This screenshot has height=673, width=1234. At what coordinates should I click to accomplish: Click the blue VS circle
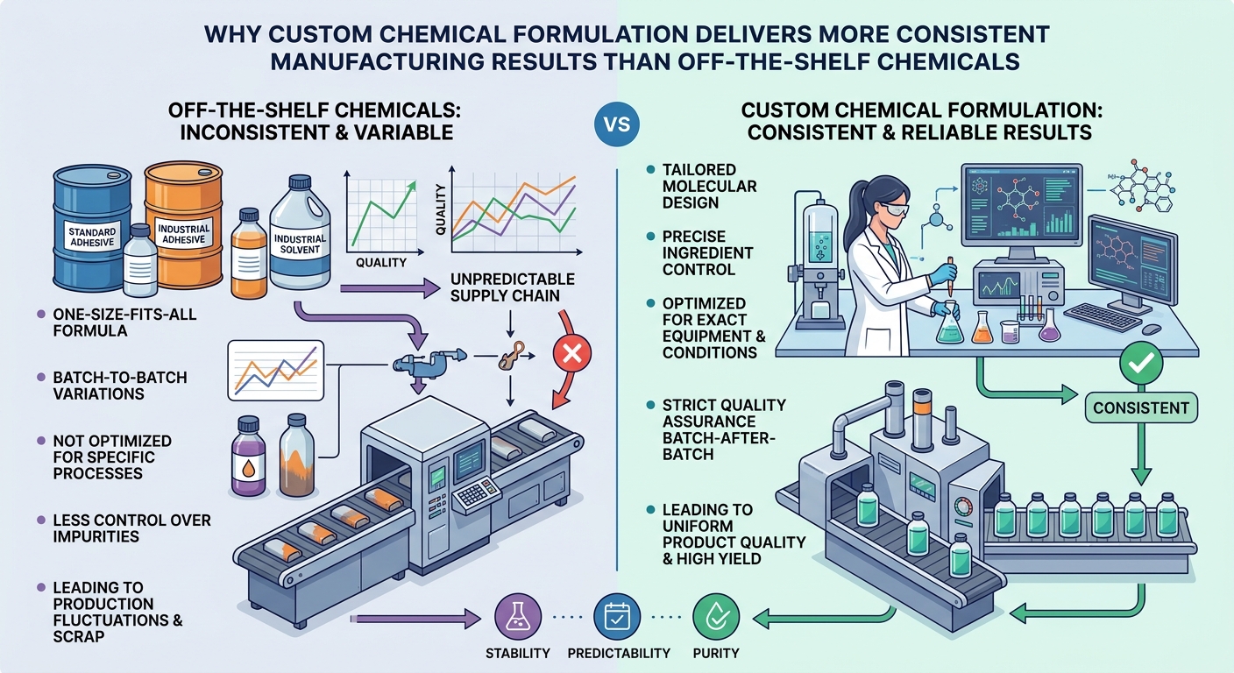point(616,124)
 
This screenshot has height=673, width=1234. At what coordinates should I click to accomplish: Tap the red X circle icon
point(571,353)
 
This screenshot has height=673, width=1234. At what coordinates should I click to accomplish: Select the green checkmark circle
point(1141,363)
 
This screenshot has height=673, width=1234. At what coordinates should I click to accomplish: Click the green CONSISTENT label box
point(1141,407)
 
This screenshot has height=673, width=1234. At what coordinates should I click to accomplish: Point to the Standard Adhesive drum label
point(92,237)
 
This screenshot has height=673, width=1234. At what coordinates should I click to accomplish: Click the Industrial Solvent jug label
point(300,244)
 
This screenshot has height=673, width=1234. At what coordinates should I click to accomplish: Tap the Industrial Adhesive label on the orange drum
point(183,234)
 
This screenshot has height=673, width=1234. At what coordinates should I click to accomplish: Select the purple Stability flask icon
point(518,616)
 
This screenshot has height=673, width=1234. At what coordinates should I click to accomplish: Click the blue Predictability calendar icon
point(617,616)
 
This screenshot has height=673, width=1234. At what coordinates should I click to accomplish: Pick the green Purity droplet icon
point(716,616)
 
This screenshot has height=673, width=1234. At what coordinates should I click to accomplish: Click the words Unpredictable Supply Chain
point(513,287)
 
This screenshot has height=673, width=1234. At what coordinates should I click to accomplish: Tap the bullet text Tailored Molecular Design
point(710,186)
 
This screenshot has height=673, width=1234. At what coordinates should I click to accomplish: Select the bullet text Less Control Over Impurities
point(131,528)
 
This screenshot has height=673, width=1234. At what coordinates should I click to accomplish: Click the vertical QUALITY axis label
point(440,209)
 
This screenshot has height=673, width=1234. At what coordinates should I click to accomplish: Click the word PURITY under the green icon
point(716,653)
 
